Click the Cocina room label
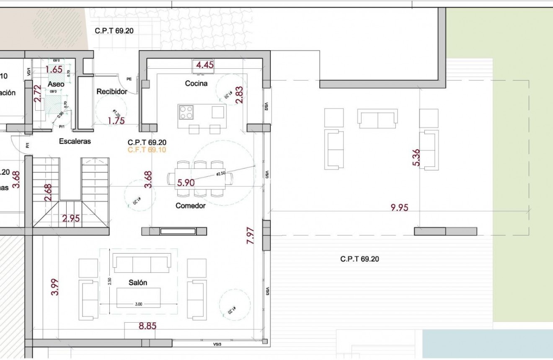click(196, 83)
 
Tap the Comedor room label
click(190, 206)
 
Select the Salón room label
click(138, 283)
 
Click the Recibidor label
click(112, 91)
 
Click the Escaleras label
click(75, 141)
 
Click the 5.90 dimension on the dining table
click(186, 183)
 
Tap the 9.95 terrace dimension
click(399, 207)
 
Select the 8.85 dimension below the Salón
click(147, 326)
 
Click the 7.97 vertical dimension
click(251, 236)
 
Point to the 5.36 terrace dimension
click(416, 158)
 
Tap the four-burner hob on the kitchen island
click(186, 112)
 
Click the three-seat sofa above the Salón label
click(142, 264)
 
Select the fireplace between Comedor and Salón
click(178, 231)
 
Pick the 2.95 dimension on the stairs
click(71, 218)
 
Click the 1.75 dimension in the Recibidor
click(116, 121)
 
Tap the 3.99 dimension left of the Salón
click(55, 287)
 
